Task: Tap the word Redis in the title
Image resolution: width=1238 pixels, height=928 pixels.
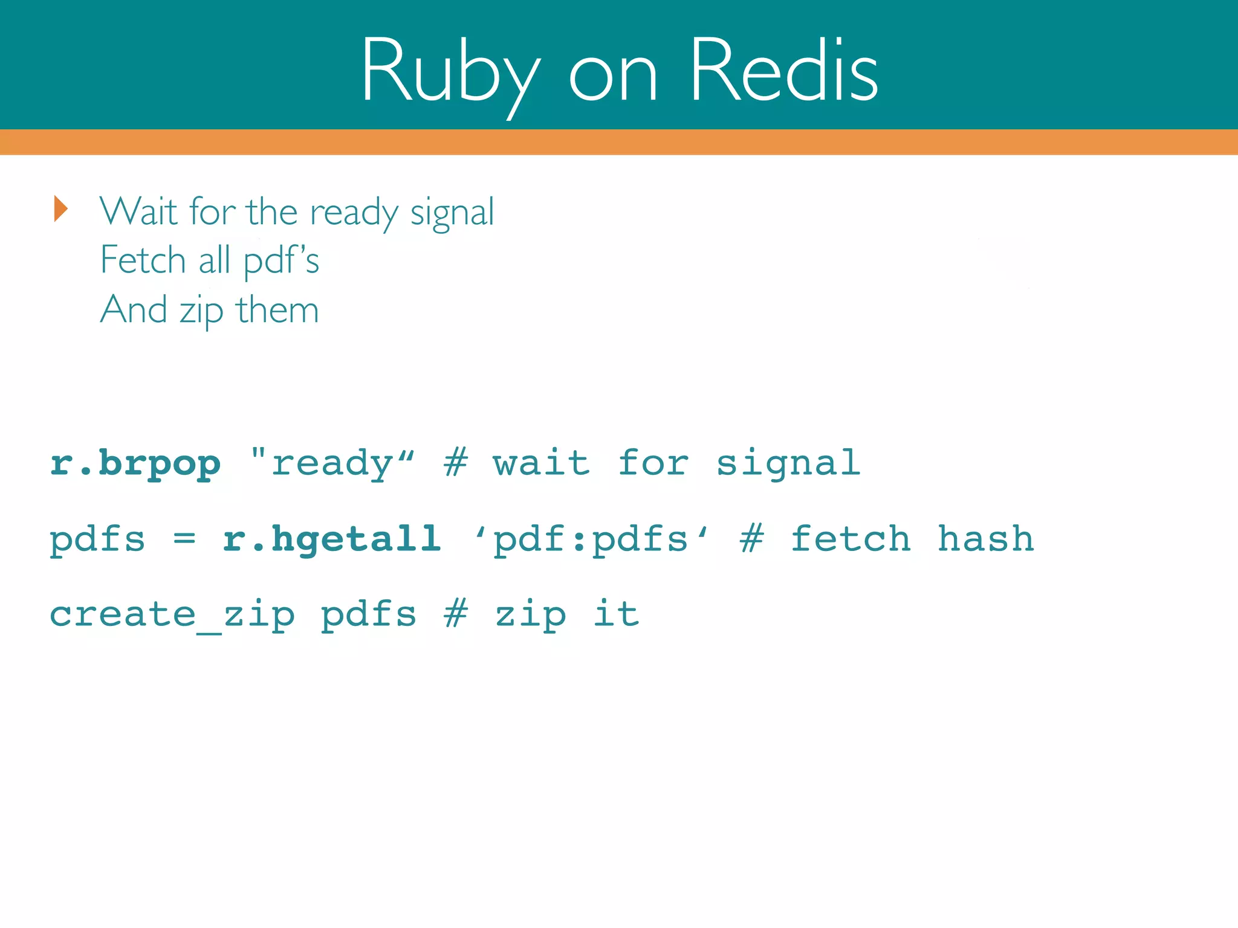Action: tap(783, 71)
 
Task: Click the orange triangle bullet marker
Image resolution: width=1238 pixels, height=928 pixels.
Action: tap(60, 209)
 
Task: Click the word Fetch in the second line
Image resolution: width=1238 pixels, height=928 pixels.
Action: tap(143, 260)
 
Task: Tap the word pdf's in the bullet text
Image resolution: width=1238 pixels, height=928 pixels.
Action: tap(281, 262)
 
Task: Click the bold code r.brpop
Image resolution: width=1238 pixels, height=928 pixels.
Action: tap(135, 464)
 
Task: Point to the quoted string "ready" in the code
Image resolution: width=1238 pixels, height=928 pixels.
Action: tap(332, 464)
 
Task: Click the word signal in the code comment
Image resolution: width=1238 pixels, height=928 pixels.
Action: tap(788, 464)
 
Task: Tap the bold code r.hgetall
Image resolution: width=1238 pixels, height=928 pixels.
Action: tap(332, 540)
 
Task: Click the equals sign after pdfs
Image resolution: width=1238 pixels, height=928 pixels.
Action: tap(184, 538)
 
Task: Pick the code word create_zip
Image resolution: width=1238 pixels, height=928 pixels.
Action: tap(172, 615)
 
